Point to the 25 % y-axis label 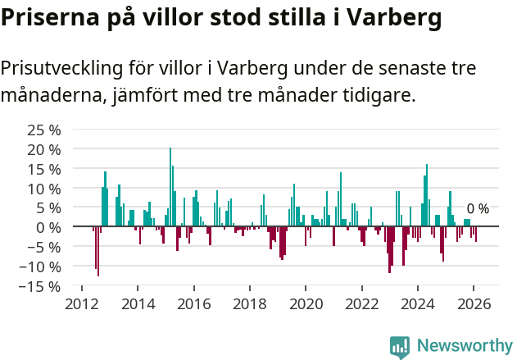tap(44, 130)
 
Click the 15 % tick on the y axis tap(44, 169)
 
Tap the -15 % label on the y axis tap(42, 286)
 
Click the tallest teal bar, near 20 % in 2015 tap(170, 187)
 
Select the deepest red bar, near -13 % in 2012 tap(98, 251)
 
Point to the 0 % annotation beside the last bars tap(478, 209)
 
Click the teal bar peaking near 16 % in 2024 tap(427, 195)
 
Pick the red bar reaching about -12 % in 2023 tap(389, 249)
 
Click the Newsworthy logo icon tap(400, 347)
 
